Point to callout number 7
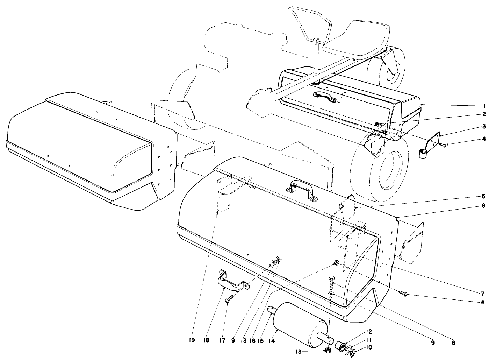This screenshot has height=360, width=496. pos(482,294)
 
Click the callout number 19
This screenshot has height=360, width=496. pos(192,340)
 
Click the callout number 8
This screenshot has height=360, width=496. pos(453,343)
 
